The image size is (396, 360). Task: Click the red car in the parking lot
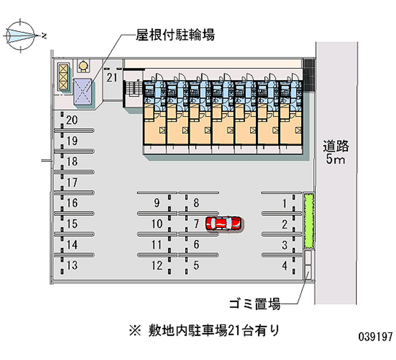(x=224, y=223)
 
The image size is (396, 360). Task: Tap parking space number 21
(x=112, y=77)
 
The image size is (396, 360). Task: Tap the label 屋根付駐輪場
(x=175, y=35)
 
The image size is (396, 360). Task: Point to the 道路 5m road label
(x=337, y=153)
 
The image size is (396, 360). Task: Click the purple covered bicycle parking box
(x=83, y=92)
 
